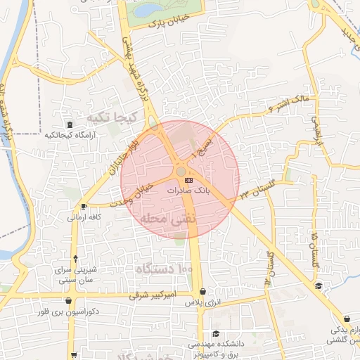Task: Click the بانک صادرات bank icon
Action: [x=188, y=180]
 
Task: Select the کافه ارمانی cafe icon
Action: [x=85, y=207]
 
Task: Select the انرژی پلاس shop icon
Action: [x=202, y=291]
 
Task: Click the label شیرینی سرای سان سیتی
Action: [x=75, y=275]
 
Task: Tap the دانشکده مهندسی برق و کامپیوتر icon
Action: [x=217, y=334]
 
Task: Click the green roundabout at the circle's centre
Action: [x=181, y=171]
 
